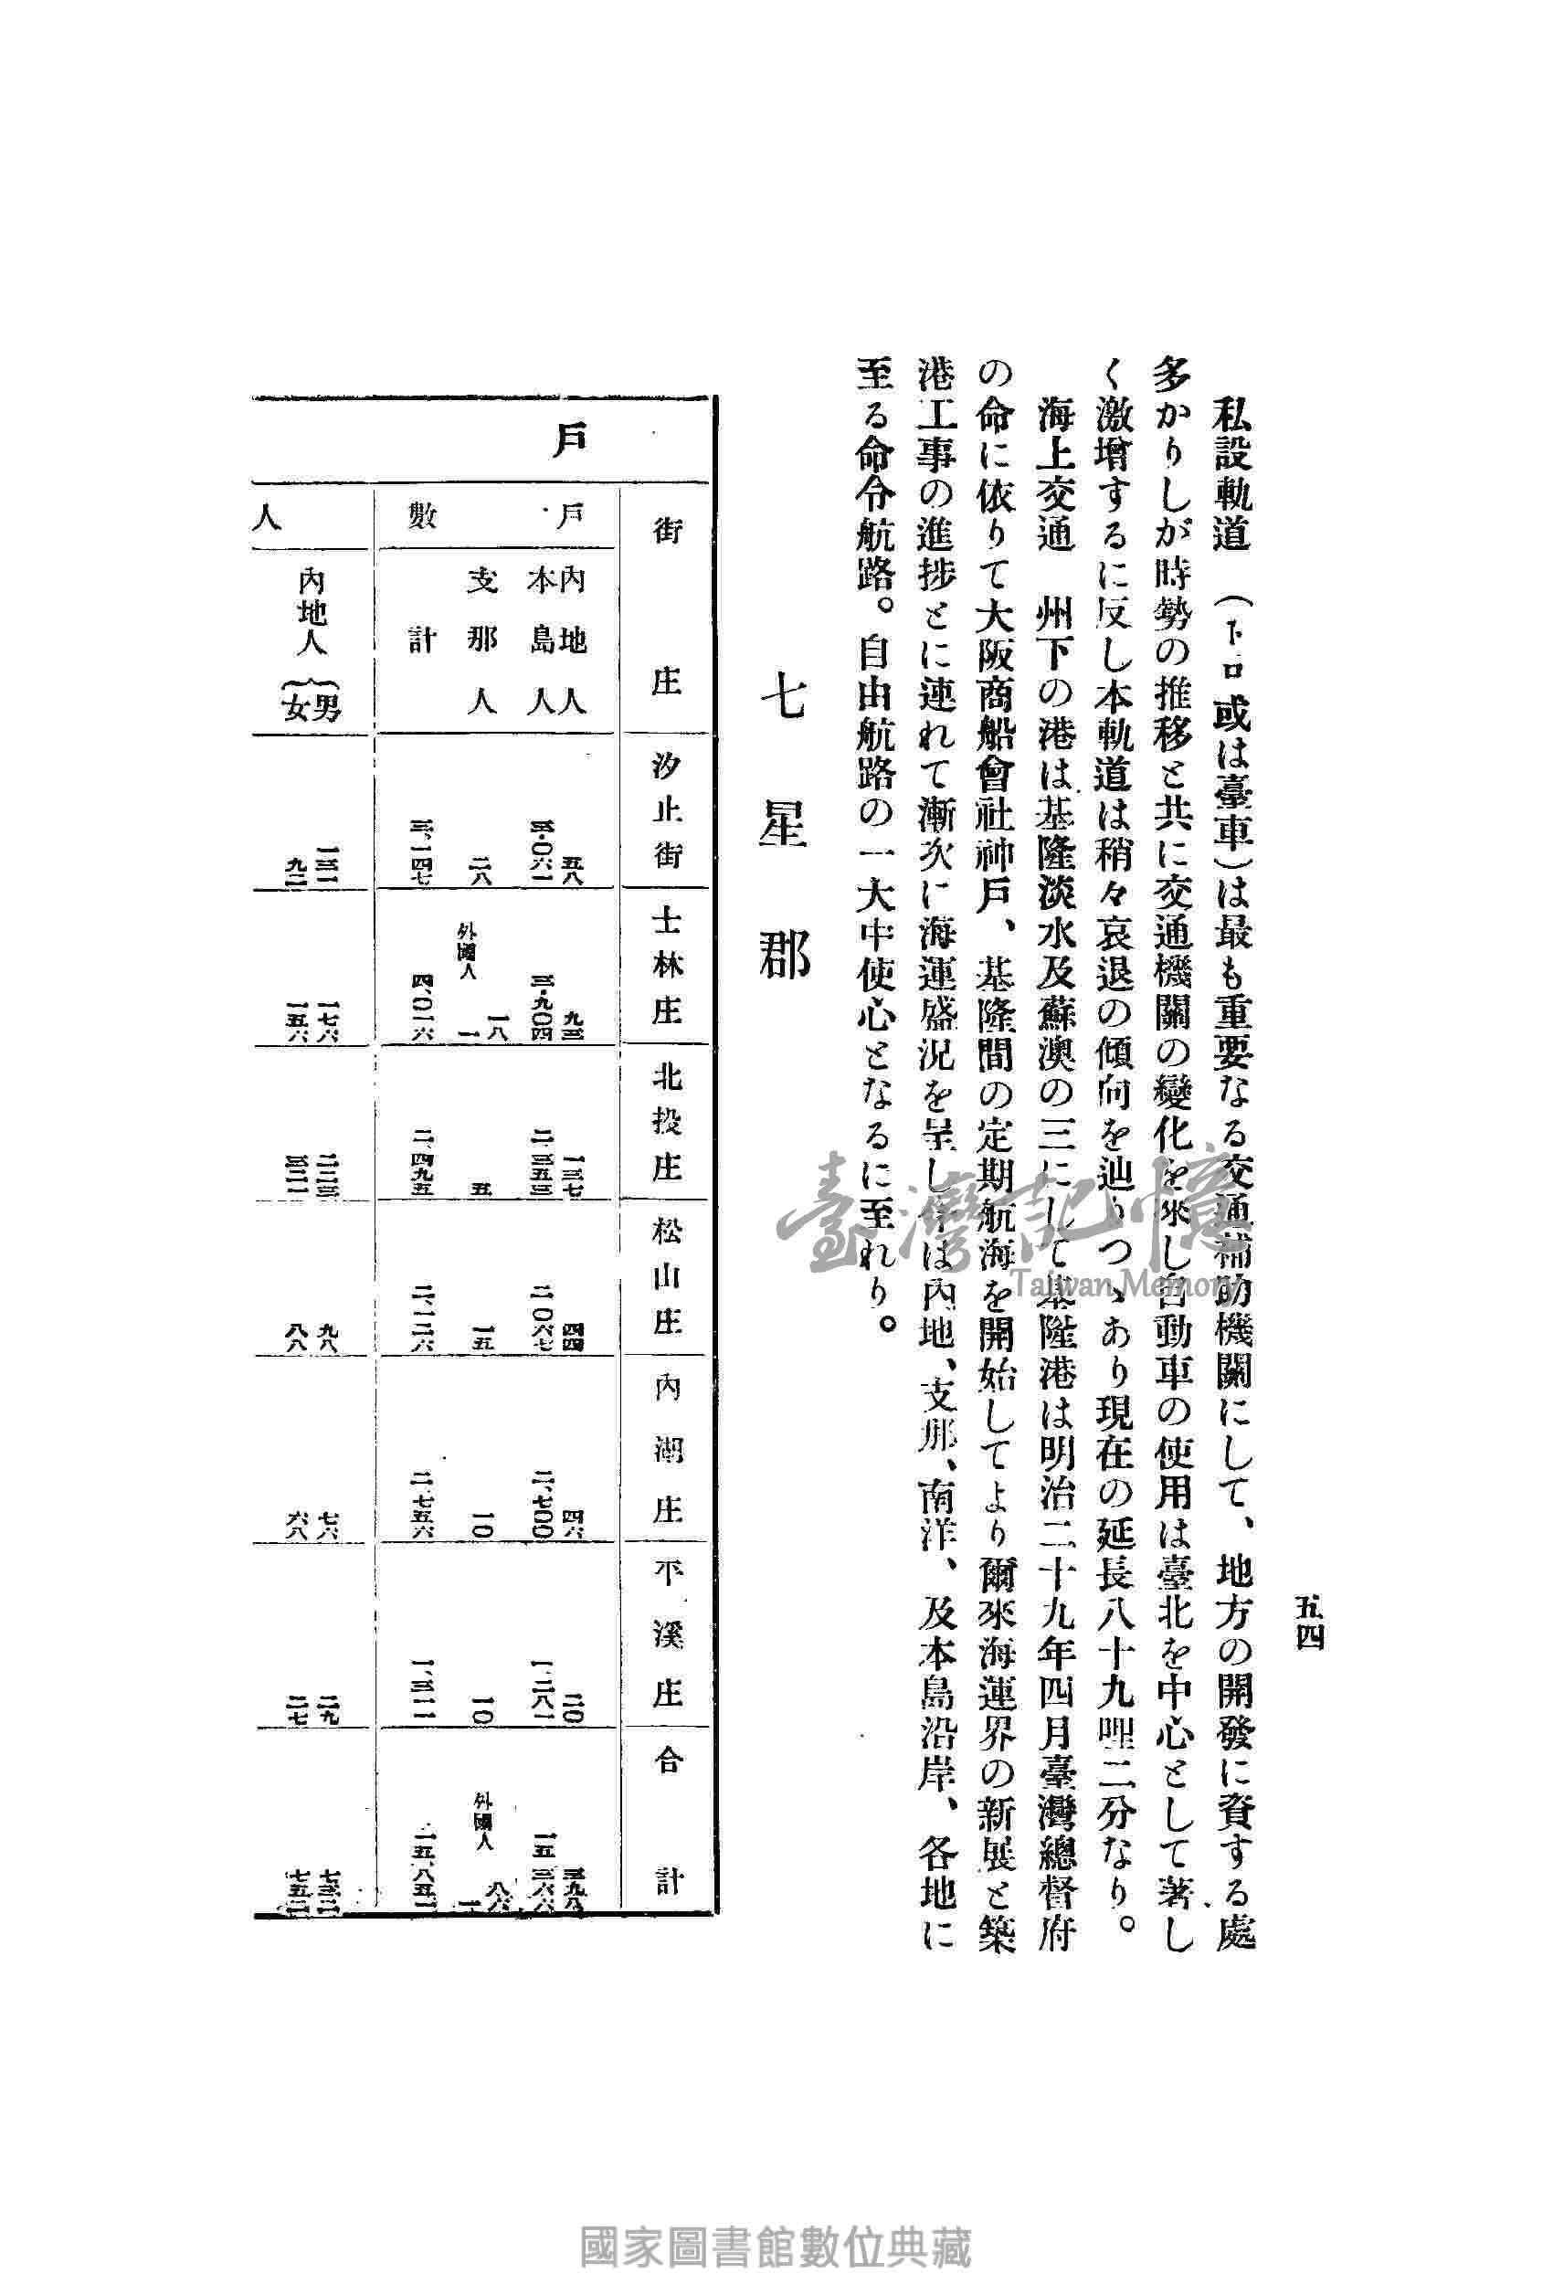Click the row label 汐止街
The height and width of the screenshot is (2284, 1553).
[666, 809]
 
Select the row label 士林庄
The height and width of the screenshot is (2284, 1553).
[666, 966]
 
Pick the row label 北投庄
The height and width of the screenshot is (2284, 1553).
[666, 1122]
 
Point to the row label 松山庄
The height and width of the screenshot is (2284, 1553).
[666, 1276]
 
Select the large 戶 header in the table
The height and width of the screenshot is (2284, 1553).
[569, 439]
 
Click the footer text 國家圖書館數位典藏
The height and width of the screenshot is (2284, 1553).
[776, 2239]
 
